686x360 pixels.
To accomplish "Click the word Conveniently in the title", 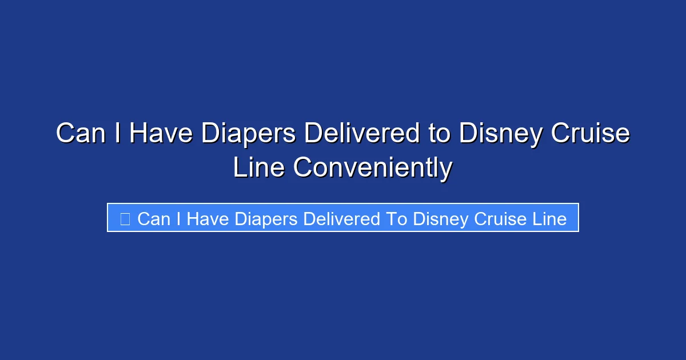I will (373, 168).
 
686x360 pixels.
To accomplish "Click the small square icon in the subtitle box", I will (125, 218).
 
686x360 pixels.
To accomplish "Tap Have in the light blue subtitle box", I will (208, 219).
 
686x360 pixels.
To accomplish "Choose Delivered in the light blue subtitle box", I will (343, 219).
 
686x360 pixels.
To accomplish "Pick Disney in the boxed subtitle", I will (438, 219).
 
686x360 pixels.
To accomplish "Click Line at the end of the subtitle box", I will (549, 219).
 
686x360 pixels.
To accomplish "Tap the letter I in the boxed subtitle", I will (178, 219).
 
